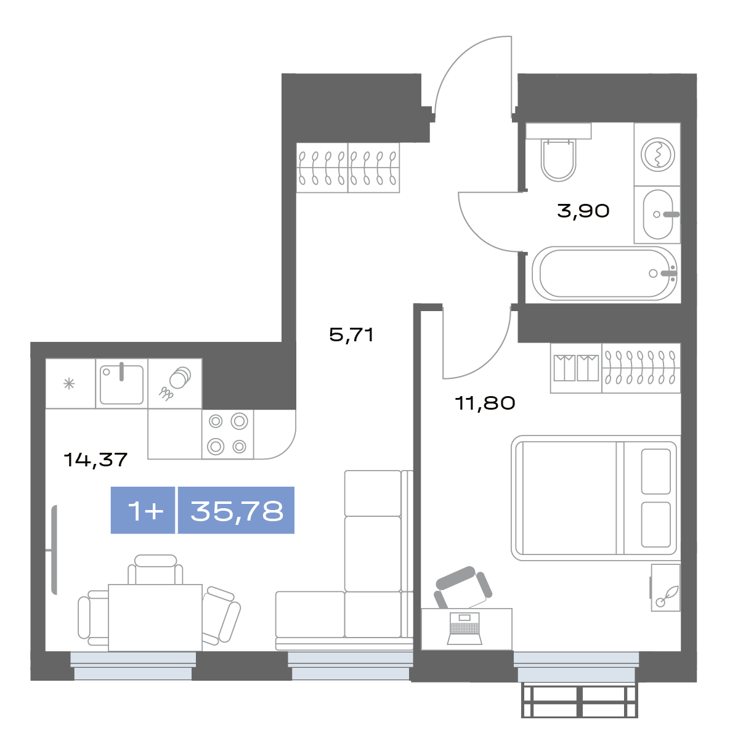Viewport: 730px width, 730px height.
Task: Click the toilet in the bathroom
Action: pyautogui.click(x=558, y=153)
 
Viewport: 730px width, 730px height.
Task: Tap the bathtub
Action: pyautogui.click(x=605, y=274)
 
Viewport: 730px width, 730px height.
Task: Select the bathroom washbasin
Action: pyautogui.click(x=658, y=214)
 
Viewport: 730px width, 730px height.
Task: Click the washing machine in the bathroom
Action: pyautogui.click(x=657, y=154)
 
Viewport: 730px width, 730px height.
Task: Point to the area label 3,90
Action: pyautogui.click(x=583, y=211)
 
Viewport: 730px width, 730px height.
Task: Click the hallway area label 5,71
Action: pyautogui.click(x=352, y=335)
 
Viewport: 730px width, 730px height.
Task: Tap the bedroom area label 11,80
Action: pyautogui.click(x=485, y=403)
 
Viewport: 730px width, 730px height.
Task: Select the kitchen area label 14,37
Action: pyautogui.click(x=95, y=460)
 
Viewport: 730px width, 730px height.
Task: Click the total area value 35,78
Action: pyautogui.click(x=237, y=511)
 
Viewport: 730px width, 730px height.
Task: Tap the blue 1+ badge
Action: pyautogui.click(x=143, y=511)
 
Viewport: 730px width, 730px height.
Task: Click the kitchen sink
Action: pyautogui.click(x=121, y=384)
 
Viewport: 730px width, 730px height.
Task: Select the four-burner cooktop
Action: pyautogui.click(x=228, y=434)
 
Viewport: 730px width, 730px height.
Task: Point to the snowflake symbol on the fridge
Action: pyautogui.click(x=69, y=384)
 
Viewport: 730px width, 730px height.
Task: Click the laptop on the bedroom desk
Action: pyautogui.click(x=464, y=628)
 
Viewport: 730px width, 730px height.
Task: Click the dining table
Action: pyautogui.click(x=155, y=618)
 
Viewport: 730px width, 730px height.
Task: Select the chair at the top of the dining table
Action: pyautogui.click(x=155, y=569)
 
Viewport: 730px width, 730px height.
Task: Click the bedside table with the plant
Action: pyautogui.click(x=665, y=588)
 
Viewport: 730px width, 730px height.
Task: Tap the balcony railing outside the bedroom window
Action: pyautogui.click(x=579, y=700)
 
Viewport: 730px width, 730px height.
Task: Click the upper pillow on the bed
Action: pyautogui.click(x=656, y=471)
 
